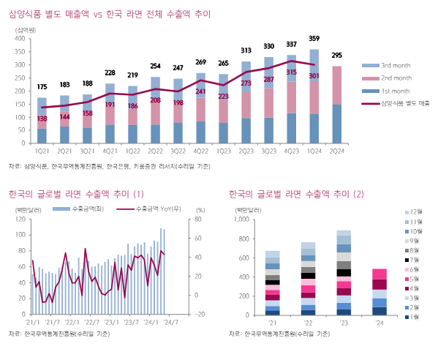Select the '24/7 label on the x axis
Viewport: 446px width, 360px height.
tap(173, 321)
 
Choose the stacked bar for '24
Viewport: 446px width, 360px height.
tap(379, 292)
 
